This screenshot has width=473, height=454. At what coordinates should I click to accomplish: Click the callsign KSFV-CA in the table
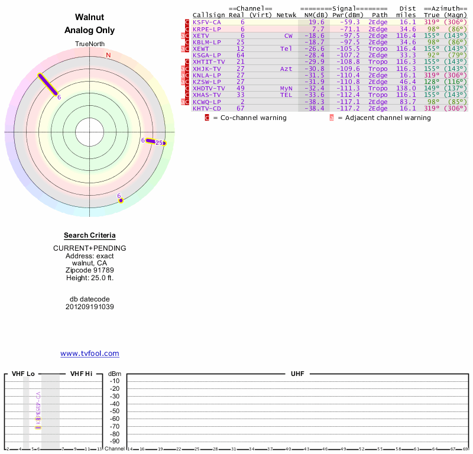206,22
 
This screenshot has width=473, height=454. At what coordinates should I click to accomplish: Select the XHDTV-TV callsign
209,88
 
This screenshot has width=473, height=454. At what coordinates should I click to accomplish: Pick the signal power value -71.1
348,28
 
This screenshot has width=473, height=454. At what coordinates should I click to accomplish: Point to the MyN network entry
286,88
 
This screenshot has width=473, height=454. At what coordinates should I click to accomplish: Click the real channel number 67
240,108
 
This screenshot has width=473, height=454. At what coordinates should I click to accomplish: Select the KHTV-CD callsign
206,108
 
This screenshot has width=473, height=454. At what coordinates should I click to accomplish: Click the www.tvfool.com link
89,354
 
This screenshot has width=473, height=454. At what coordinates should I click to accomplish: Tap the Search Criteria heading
89,235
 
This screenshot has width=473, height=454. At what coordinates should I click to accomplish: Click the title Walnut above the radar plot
89,17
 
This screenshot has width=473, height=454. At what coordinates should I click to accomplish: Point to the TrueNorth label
89,44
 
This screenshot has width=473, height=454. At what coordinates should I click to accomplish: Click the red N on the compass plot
108,55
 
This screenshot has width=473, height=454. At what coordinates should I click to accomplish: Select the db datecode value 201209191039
89,307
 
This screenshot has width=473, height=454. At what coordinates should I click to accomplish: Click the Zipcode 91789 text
89,270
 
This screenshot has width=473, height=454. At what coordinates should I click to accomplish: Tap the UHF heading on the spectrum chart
297,374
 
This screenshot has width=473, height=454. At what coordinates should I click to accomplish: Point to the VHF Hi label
81,374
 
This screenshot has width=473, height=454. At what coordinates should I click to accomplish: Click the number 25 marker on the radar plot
158,142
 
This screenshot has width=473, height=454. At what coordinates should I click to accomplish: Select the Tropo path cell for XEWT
378,48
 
